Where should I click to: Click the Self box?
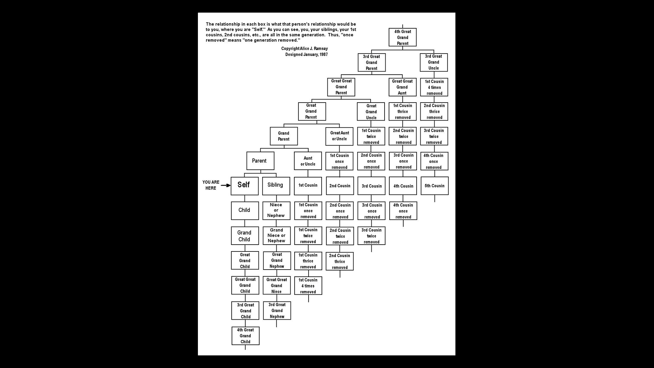pos(245,186)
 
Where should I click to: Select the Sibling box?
pos(276,186)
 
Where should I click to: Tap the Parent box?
pos(260,161)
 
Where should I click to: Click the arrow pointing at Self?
pos(226,185)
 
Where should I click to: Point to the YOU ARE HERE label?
pos(211,185)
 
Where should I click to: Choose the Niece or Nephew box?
pos(276,211)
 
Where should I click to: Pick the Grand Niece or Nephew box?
pos(277,236)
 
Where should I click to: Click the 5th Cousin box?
pos(435,186)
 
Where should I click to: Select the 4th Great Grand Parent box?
pos(403,37)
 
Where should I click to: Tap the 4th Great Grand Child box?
pos(246,336)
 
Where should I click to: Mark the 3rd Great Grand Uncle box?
pos(434,62)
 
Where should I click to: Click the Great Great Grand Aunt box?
pos(403,87)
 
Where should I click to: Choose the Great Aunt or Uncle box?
pos(340,136)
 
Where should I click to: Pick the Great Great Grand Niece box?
pos(277,286)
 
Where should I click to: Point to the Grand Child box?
pos(245,236)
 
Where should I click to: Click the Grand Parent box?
pos(284,136)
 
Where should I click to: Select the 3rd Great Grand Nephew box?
pos(277,311)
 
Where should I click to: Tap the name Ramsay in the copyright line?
pos(321,49)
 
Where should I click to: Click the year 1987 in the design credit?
pos(324,55)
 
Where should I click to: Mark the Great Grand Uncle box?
pos(371,111)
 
